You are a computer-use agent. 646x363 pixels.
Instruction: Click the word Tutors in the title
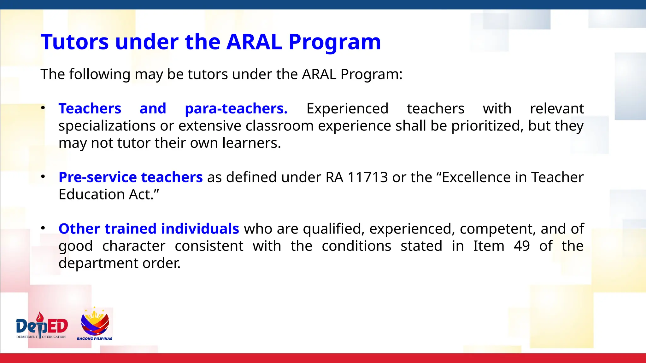(75, 42)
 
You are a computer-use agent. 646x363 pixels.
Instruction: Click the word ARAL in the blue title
(254, 42)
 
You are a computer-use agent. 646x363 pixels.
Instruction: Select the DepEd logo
(42, 326)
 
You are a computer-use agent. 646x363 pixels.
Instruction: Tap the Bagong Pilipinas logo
(95, 324)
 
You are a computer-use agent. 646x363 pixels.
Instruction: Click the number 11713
(367, 177)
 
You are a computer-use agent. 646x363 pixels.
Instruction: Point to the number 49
(521, 246)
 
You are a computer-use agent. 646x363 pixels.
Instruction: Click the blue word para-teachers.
(236, 109)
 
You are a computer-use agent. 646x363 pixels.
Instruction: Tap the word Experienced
(347, 109)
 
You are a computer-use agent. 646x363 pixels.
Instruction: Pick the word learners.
(251, 143)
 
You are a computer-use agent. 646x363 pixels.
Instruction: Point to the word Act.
(144, 194)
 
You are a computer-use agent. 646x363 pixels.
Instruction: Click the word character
(134, 246)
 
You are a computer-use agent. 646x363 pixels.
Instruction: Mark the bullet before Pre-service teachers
(43, 177)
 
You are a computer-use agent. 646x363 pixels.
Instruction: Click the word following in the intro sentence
(100, 75)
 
